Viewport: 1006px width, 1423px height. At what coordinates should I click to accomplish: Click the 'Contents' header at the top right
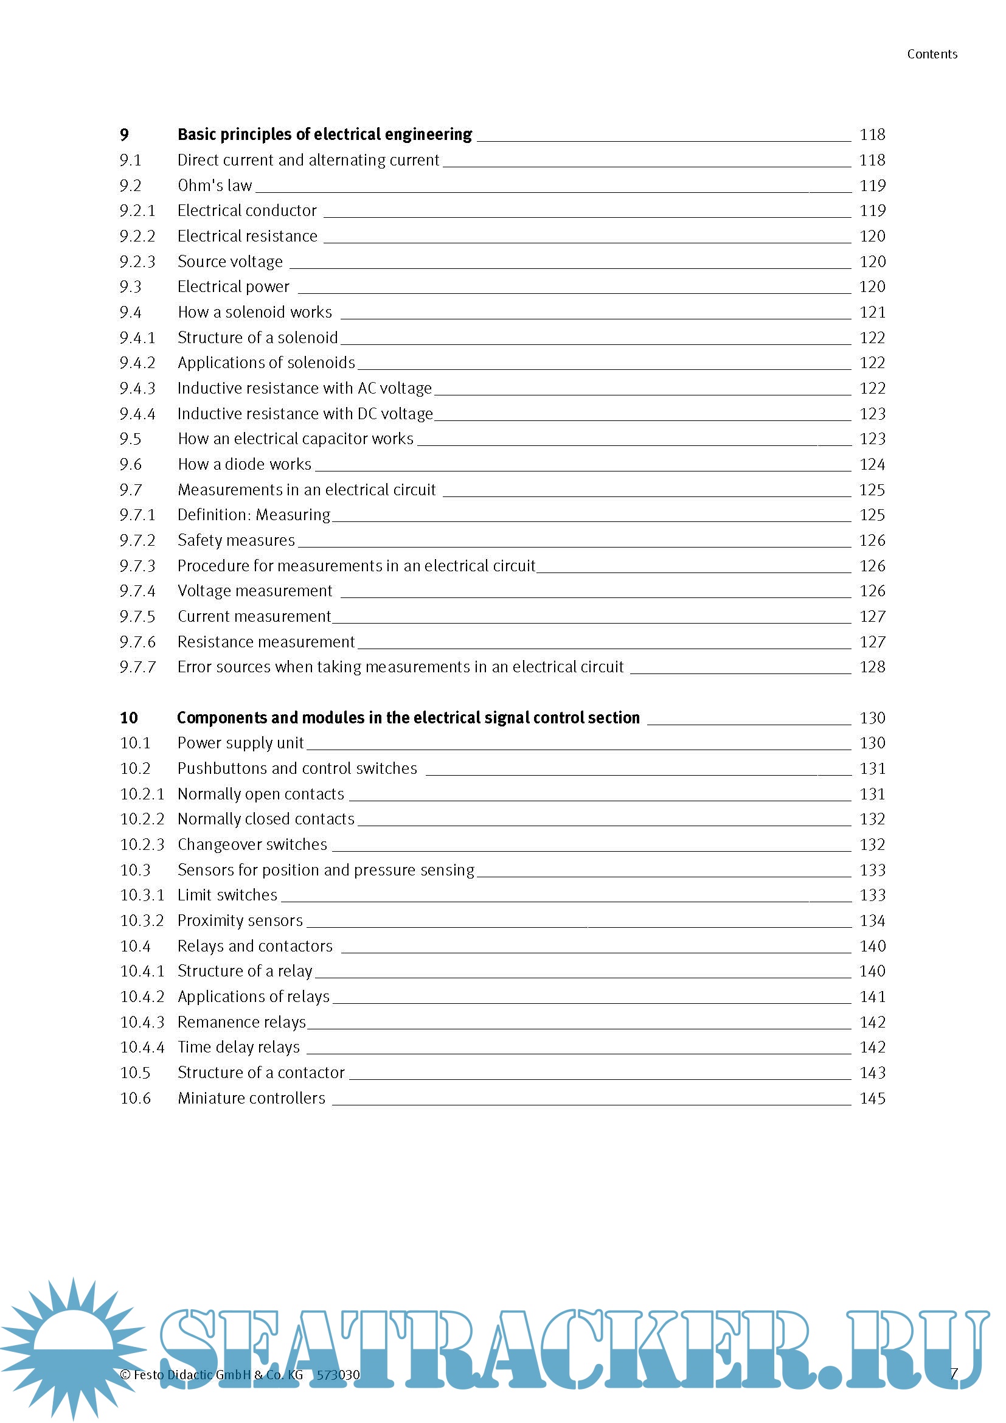932,55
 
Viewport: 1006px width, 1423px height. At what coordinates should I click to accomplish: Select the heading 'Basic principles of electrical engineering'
325,134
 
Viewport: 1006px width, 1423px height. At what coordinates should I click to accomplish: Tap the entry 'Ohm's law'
214,186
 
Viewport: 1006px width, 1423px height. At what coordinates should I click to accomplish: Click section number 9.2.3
137,262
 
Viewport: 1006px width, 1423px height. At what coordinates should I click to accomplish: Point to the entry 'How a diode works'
244,464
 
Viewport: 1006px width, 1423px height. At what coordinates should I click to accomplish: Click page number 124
872,464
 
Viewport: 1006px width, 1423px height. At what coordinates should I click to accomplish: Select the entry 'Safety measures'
236,540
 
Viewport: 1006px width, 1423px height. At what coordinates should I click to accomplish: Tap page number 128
872,667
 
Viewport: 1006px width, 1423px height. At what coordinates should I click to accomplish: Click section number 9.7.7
137,667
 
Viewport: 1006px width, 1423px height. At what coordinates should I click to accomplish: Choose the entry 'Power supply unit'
240,742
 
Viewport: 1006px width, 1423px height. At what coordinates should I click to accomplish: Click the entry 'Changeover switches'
252,844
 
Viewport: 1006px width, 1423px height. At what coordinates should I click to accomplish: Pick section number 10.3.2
142,920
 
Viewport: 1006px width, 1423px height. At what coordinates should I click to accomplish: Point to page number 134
872,920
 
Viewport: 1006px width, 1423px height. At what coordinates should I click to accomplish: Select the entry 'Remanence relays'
241,1021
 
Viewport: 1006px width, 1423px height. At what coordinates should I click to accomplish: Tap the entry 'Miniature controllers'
251,1098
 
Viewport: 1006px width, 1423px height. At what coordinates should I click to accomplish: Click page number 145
872,1098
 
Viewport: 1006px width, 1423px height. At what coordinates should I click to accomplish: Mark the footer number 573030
338,1375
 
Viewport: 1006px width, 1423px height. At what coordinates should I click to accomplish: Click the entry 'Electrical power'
233,287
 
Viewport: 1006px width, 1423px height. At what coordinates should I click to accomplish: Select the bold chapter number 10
129,718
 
